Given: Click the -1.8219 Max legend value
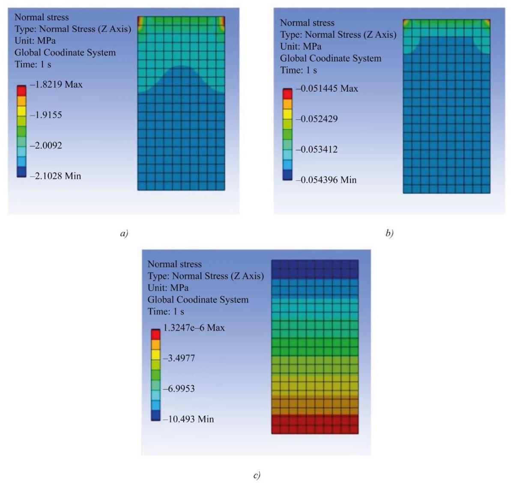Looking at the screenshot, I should click(x=56, y=84).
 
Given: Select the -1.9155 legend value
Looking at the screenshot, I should click(x=46, y=115).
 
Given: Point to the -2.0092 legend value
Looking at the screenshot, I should click(x=46, y=146).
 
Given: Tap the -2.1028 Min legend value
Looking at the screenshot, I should click(x=55, y=176).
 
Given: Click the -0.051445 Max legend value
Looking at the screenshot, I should click(x=326, y=89).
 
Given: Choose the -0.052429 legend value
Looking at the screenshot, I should click(x=317, y=119).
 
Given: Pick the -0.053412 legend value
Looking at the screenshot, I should click(x=317, y=149).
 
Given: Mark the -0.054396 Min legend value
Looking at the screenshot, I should click(x=326, y=180).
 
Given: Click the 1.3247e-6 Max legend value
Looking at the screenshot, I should click(x=194, y=328).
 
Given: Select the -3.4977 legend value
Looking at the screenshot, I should click(x=179, y=358).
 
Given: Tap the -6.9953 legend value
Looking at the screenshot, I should click(x=179, y=389).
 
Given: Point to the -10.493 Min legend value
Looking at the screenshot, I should click(x=188, y=419).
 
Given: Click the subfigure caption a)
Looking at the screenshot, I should click(x=124, y=233).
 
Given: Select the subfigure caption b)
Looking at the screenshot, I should click(x=389, y=233).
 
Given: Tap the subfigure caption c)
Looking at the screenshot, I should click(x=257, y=475).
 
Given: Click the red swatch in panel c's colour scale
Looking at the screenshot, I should click(x=155, y=334).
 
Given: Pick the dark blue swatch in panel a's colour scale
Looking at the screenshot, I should click(x=21, y=172).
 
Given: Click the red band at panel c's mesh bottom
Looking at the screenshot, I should click(x=315, y=424).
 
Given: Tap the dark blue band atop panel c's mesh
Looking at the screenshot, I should click(x=315, y=269).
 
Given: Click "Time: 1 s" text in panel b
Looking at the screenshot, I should click(x=299, y=70).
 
